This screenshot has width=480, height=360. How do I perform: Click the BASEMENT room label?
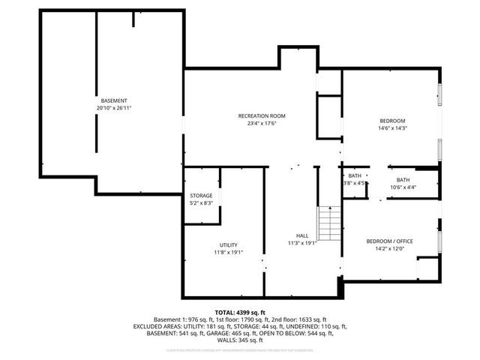click(x=114, y=100)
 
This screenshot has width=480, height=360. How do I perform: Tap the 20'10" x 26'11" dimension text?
click(x=114, y=108)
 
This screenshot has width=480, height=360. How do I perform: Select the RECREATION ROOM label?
click(x=262, y=115)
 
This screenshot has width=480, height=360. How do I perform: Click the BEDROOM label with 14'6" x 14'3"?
click(x=391, y=121)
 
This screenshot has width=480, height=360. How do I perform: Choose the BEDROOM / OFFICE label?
click(x=389, y=241)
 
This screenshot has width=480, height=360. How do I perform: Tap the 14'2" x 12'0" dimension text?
click(x=389, y=248)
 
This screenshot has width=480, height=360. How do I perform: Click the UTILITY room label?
click(x=229, y=244)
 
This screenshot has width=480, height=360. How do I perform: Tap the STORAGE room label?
click(x=201, y=195)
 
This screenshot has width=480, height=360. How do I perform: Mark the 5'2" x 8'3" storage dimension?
click(x=201, y=202)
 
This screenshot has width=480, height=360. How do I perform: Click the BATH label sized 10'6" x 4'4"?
click(x=403, y=179)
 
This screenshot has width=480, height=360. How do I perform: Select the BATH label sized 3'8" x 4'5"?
click(x=354, y=175)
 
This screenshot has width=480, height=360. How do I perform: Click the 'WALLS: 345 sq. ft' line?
click(x=239, y=340)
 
